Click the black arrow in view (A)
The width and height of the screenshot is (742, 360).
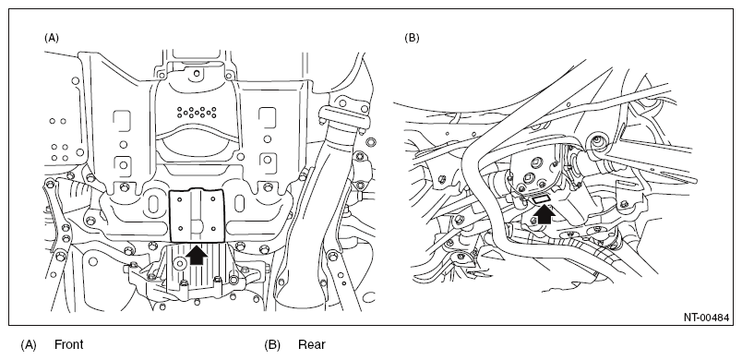pos(197,255)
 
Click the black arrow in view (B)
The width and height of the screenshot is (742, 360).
pos(544,214)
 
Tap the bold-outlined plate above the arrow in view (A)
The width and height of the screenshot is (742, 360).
pos(197,213)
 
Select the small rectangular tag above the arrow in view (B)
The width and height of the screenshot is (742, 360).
pos(540,200)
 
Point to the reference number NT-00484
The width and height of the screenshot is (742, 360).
pos(706,318)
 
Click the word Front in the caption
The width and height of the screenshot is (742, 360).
pos(69,344)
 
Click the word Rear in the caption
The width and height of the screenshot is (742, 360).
pos(312,344)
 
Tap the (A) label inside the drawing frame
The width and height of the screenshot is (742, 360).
pos(51,38)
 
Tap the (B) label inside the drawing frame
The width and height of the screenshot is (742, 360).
pos(412,38)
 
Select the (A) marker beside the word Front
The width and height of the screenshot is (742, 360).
pos(29,345)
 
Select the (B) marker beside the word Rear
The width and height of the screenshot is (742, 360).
pos(272,345)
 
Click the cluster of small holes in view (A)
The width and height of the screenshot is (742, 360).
pos(197,112)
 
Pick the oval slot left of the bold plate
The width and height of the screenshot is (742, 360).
pos(153,203)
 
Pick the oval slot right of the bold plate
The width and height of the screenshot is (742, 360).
pos(239,203)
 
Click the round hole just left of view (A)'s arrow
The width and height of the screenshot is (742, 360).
pos(180,261)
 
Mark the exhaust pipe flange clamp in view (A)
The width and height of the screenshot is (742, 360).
pos(344,117)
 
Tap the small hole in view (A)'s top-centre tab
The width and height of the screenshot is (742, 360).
pos(197,73)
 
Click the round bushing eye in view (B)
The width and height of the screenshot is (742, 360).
pos(598,141)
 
